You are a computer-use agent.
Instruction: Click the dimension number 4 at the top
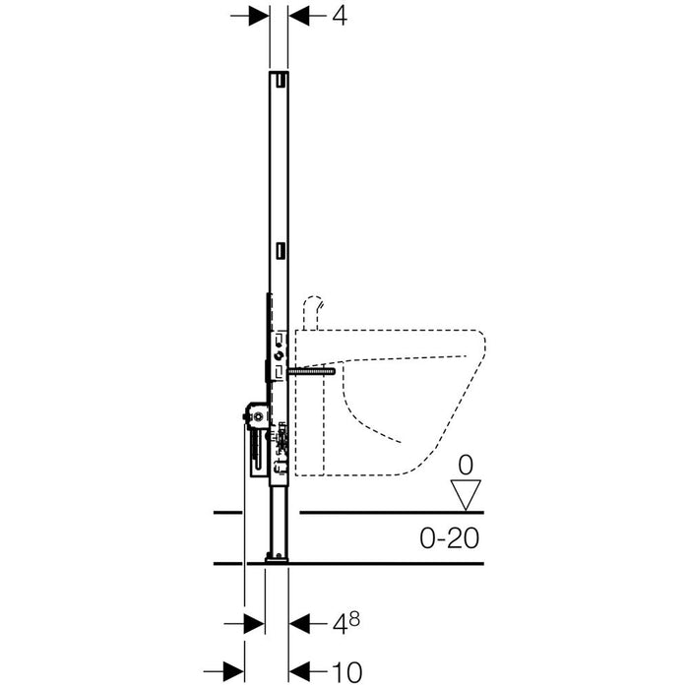coord(340,17)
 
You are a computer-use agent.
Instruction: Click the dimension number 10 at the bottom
coord(346,672)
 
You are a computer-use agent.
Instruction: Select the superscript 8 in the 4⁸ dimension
coord(354,618)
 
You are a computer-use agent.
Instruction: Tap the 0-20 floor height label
coord(449,537)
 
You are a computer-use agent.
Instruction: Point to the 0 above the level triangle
coord(466,466)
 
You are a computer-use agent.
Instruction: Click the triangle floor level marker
coord(466,495)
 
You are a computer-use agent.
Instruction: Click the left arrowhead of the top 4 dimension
coord(259,16)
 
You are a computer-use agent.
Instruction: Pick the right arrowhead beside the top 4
coord(299,16)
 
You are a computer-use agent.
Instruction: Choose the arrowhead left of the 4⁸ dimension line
coord(254,623)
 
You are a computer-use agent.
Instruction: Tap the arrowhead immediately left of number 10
coord(299,672)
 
